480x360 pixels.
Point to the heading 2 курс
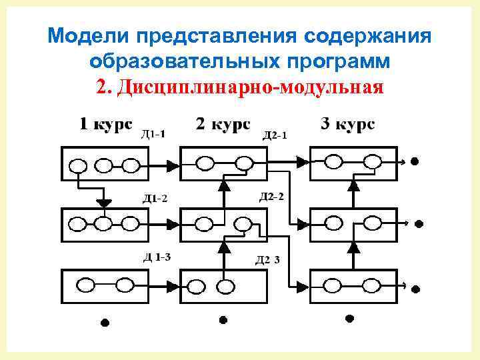click(x=223, y=125)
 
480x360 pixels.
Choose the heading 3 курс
click(x=347, y=125)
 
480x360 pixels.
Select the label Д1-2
click(x=153, y=197)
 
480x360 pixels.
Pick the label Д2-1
click(x=275, y=135)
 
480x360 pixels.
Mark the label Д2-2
click(x=271, y=196)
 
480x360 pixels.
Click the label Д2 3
click(x=268, y=260)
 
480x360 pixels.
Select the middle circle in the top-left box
click(x=103, y=165)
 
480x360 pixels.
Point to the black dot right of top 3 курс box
click(x=414, y=161)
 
